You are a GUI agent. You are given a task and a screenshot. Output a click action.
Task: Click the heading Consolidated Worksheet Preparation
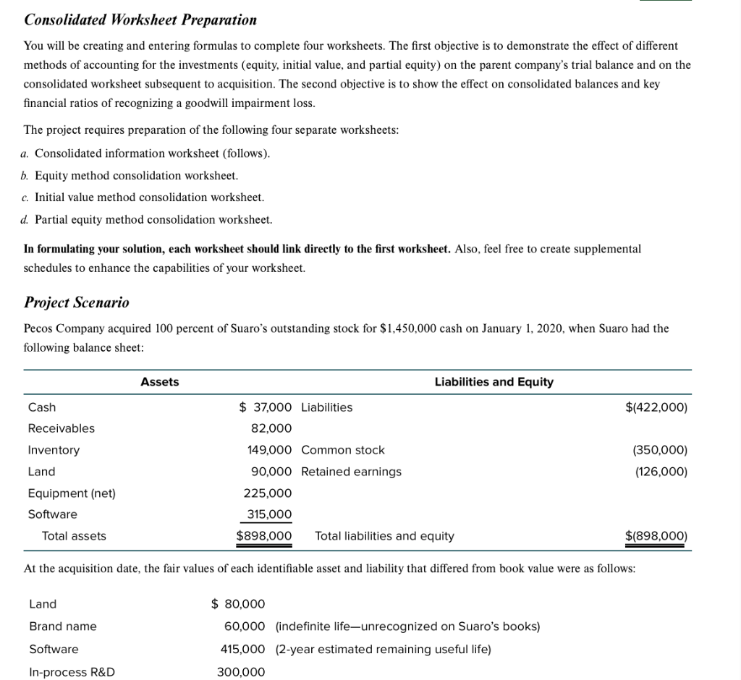tap(140, 20)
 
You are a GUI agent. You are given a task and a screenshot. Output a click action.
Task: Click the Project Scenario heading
tap(77, 302)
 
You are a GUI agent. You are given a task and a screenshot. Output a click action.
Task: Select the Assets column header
tap(159, 382)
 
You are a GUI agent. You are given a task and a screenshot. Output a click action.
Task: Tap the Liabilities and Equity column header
tap(494, 382)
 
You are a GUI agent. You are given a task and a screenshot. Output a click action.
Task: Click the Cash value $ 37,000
tap(266, 407)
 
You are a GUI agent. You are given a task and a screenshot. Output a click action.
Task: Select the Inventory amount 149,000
tap(269, 450)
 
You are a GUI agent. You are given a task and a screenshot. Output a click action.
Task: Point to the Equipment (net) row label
tap(72, 493)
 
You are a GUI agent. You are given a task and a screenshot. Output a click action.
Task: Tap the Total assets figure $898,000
tap(264, 536)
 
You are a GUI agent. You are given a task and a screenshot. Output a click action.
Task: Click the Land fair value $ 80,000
tap(238, 604)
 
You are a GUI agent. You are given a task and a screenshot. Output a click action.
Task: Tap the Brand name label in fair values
tap(63, 626)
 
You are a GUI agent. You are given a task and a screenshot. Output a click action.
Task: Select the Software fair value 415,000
tap(242, 650)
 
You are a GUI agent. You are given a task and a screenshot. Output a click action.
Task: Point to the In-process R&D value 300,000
tap(241, 672)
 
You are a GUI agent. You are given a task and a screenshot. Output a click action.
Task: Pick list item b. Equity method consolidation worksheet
tap(130, 176)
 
